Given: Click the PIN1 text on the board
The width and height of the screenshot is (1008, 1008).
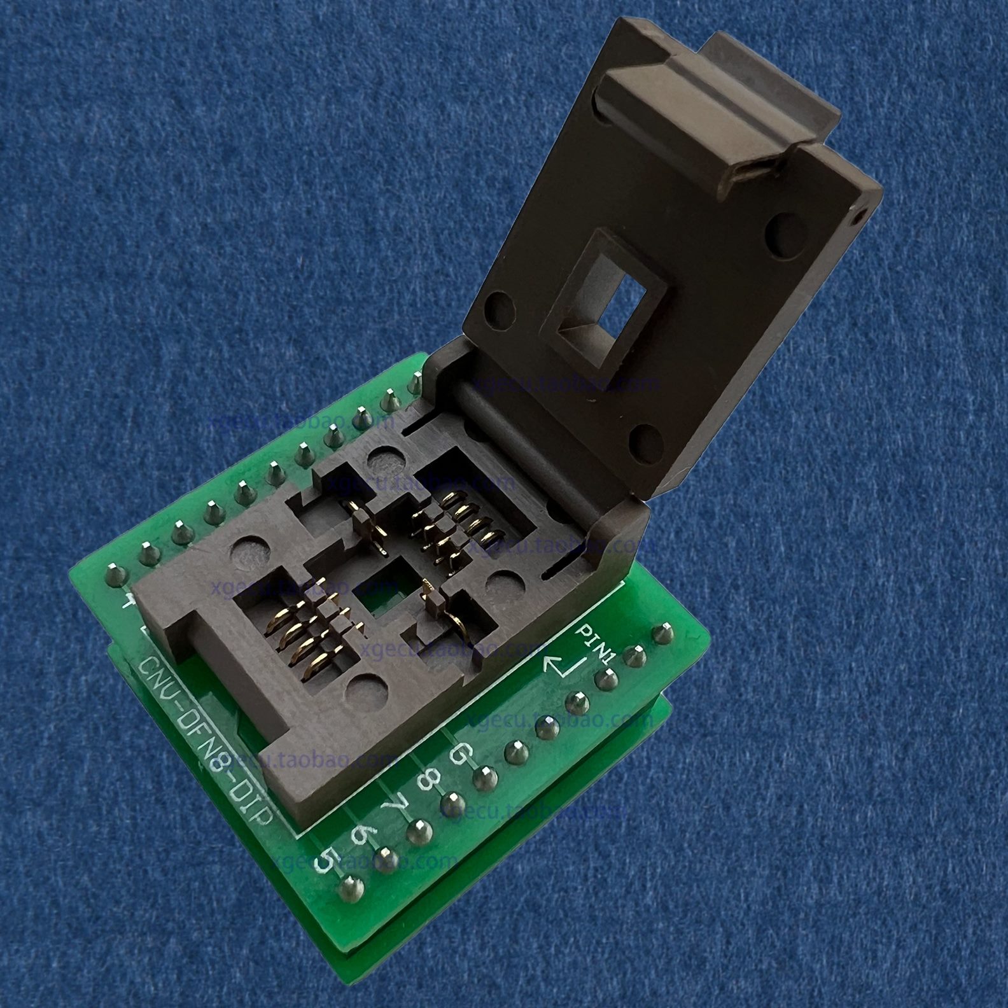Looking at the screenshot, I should (595, 643).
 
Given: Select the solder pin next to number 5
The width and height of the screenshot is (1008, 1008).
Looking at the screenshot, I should (349, 888).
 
